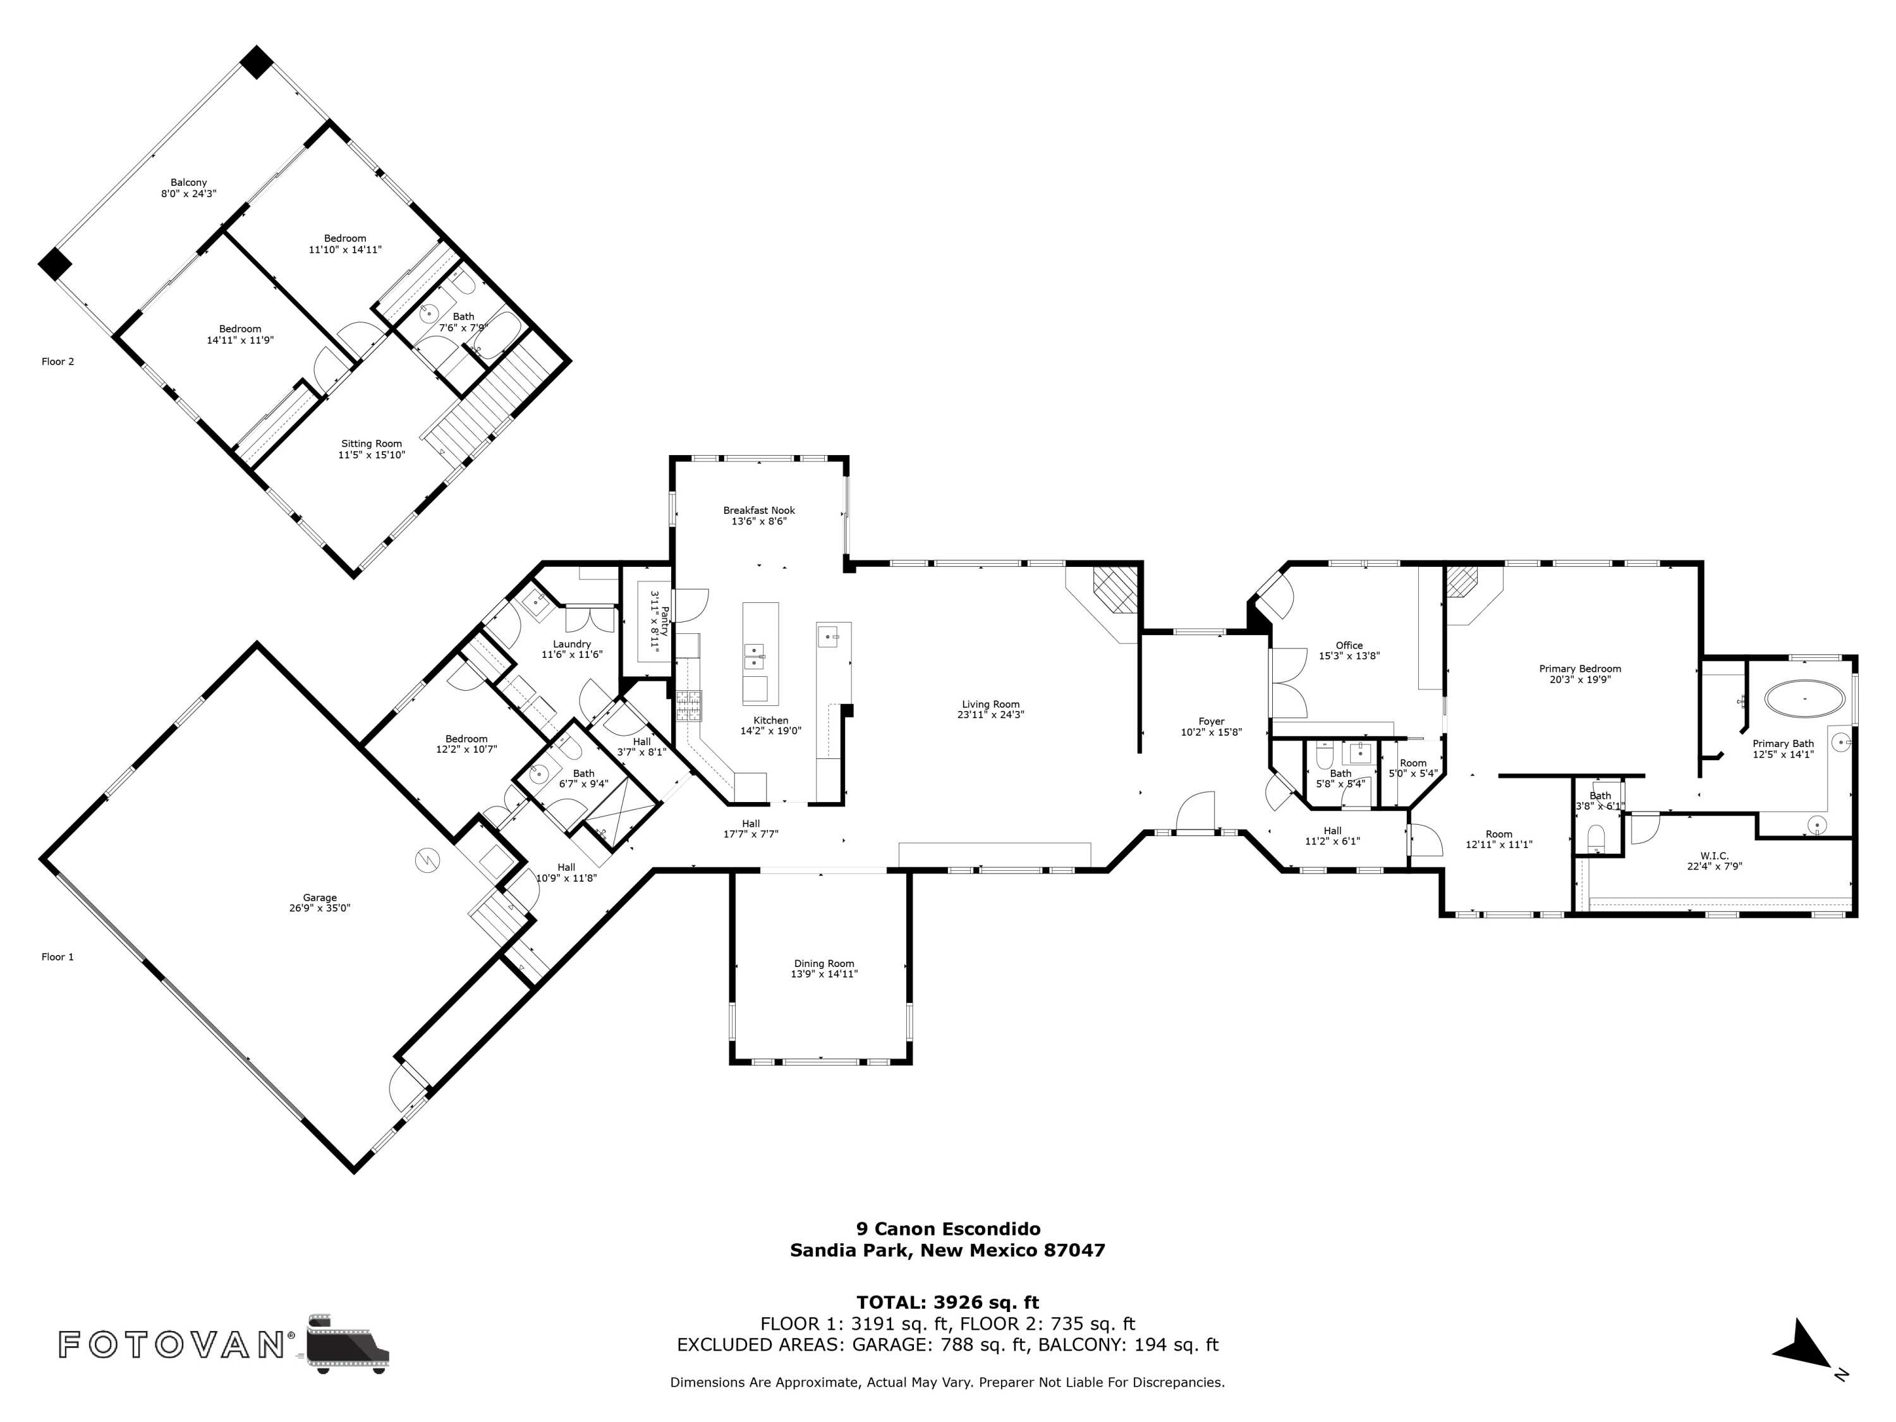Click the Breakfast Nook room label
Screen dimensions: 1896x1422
click(x=758, y=510)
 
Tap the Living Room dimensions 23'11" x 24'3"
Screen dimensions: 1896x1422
click(x=992, y=715)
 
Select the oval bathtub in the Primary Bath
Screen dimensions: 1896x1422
click(x=1804, y=698)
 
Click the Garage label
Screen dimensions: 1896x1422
click(x=320, y=897)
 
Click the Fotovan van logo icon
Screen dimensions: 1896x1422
click(x=347, y=1344)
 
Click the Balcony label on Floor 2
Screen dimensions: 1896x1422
click(x=188, y=183)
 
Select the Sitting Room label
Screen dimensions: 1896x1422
click(x=371, y=444)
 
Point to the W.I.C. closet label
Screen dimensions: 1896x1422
click(x=1714, y=856)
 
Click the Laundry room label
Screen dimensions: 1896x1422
click(x=572, y=645)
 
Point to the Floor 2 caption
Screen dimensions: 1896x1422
click(x=58, y=362)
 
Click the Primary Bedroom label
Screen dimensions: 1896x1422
click(x=1580, y=669)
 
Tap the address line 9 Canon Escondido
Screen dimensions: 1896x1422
click(x=948, y=1229)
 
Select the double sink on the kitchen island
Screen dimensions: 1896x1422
click(x=753, y=656)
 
